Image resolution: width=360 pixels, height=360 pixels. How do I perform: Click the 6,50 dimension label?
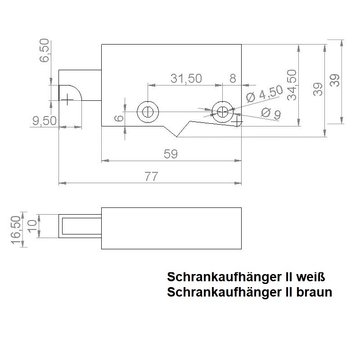[45, 54]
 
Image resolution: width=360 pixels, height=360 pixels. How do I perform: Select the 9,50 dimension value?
[44, 121]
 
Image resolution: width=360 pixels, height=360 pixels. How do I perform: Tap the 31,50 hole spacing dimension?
[186, 78]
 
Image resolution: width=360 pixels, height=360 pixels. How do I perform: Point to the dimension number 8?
[233, 78]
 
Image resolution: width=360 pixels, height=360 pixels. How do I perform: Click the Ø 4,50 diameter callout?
[265, 94]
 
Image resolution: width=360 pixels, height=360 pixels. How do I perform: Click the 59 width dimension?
[171, 154]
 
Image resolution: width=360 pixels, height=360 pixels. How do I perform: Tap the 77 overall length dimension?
[151, 177]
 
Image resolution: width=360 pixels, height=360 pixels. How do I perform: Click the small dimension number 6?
[118, 118]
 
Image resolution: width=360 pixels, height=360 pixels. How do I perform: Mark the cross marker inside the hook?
[67, 99]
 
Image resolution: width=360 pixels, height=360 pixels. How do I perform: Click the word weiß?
[310, 275]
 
